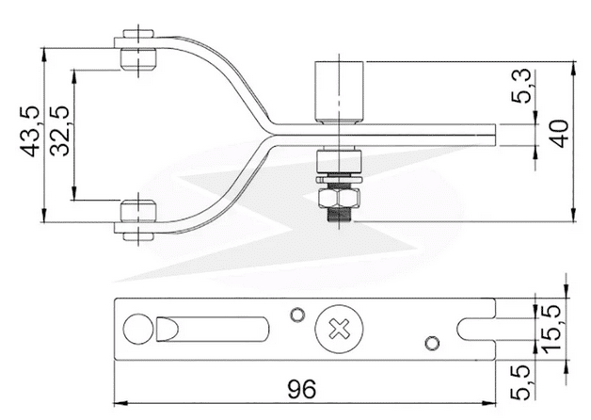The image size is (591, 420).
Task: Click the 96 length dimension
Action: [x=299, y=388]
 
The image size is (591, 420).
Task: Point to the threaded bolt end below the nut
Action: [x=338, y=217]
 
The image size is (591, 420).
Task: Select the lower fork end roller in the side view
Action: [x=137, y=216]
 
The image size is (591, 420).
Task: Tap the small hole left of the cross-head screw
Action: [x=297, y=314]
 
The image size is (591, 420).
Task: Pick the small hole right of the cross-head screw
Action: [x=432, y=341]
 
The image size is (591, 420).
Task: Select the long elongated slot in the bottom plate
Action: [x=215, y=330]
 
